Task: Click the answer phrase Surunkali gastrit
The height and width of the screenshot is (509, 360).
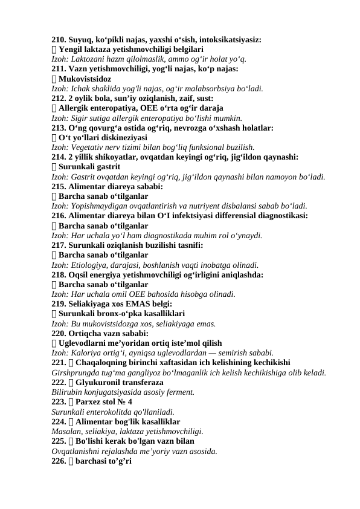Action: (x=89, y=166)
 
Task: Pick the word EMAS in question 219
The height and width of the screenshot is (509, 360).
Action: (x=137, y=303)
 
